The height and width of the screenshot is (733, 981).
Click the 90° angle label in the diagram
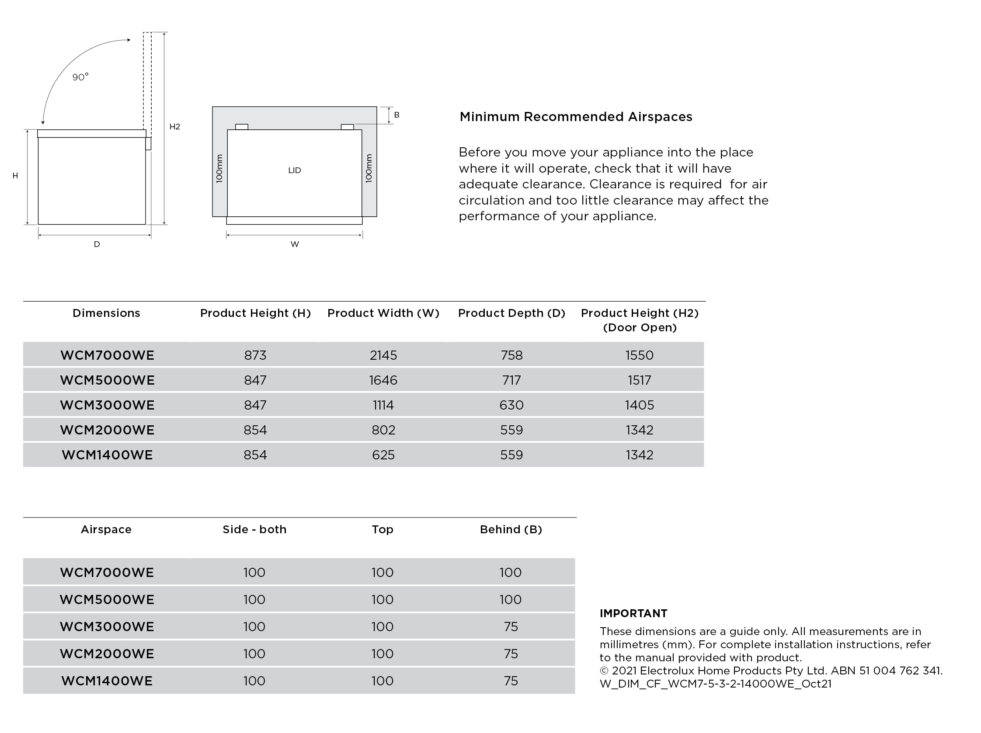[x=80, y=77]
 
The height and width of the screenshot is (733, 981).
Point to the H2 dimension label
[x=175, y=127]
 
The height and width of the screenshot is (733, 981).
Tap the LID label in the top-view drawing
[x=295, y=170]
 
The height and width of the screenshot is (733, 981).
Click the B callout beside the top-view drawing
[x=397, y=115]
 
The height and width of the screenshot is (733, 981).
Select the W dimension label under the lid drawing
[x=295, y=244]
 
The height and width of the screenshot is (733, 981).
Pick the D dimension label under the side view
[x=97, y=244]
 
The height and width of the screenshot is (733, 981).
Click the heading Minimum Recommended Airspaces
[x=576, y=117]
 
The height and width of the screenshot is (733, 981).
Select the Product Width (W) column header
[x=383, y=313]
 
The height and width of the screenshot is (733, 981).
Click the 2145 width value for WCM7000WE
[x=383, y=355]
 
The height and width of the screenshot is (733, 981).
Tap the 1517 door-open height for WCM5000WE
[x=639, y=380]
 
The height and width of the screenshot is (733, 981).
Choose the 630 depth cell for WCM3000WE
[x=511, y=405]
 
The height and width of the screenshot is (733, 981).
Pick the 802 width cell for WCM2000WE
[x=383, y=430]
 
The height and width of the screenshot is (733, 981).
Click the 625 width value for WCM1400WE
[x=383, y=455]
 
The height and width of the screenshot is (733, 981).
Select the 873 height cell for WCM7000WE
[x=255, y=355]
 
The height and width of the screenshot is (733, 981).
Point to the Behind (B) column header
[x=511, y=529]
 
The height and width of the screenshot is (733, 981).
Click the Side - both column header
[x=254, y=529]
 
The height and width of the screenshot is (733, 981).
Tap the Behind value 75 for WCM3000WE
[x=511, y=627]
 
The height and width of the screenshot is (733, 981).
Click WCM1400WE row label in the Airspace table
[x=107, y=681]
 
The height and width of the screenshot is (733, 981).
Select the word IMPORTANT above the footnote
[x=633, y=613]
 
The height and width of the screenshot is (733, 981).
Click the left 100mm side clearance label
[x=219, y=169]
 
